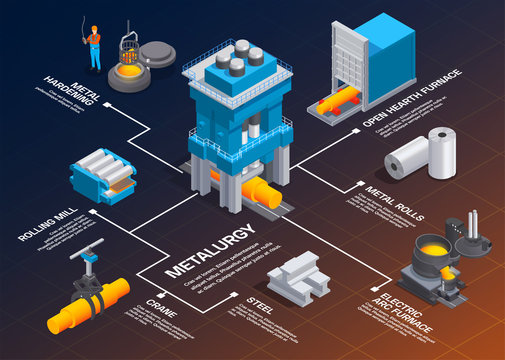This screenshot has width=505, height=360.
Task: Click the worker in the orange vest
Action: pyautogui.click(x=94, y=46)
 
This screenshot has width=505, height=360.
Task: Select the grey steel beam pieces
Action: pyautogui.click(x=298, y=274)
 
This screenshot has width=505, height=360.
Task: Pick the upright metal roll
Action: pyautogui.click(x=441, y=153)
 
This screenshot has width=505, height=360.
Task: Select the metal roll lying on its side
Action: pyautogui.click(x=407, y=158)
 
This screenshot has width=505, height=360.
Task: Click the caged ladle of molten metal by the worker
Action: pyautogui.click(x=128, y=64)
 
